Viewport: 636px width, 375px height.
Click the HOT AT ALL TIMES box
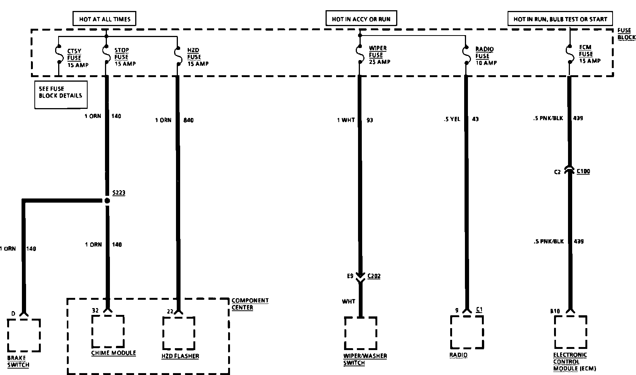click(x=104, y=19)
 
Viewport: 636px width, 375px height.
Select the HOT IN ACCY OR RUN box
click(x=361, y=19)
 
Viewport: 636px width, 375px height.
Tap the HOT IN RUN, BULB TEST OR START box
click(x=560, y=19)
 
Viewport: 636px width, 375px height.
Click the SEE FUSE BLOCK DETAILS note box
click(x=61, y=95)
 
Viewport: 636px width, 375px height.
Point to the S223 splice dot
click(x=107, y=201)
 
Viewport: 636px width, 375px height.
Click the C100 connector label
click(x=583, y=171)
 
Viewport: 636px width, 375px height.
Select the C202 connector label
click(x=374, y=276)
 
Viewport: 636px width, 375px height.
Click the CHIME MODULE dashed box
click(x=108, y=331)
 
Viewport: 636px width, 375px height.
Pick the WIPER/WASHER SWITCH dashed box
click(x=360, y=333)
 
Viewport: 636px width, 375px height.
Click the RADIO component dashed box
click(x=467, y=332)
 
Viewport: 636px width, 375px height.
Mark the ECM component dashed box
click(x=570, y=332)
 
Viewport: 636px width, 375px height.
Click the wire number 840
click(x=188, y=120)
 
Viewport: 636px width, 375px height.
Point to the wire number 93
click(x=370, y=120)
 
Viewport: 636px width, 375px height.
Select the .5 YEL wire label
click(x=452, y=119)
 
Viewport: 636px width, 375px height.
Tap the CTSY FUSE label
click(x=74, y=54)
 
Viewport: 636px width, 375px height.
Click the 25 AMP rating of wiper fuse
click(x=380, y=62)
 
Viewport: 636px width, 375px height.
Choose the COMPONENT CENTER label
click(x=250, y=304)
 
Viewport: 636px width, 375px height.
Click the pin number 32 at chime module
click(x=95, y=310)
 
